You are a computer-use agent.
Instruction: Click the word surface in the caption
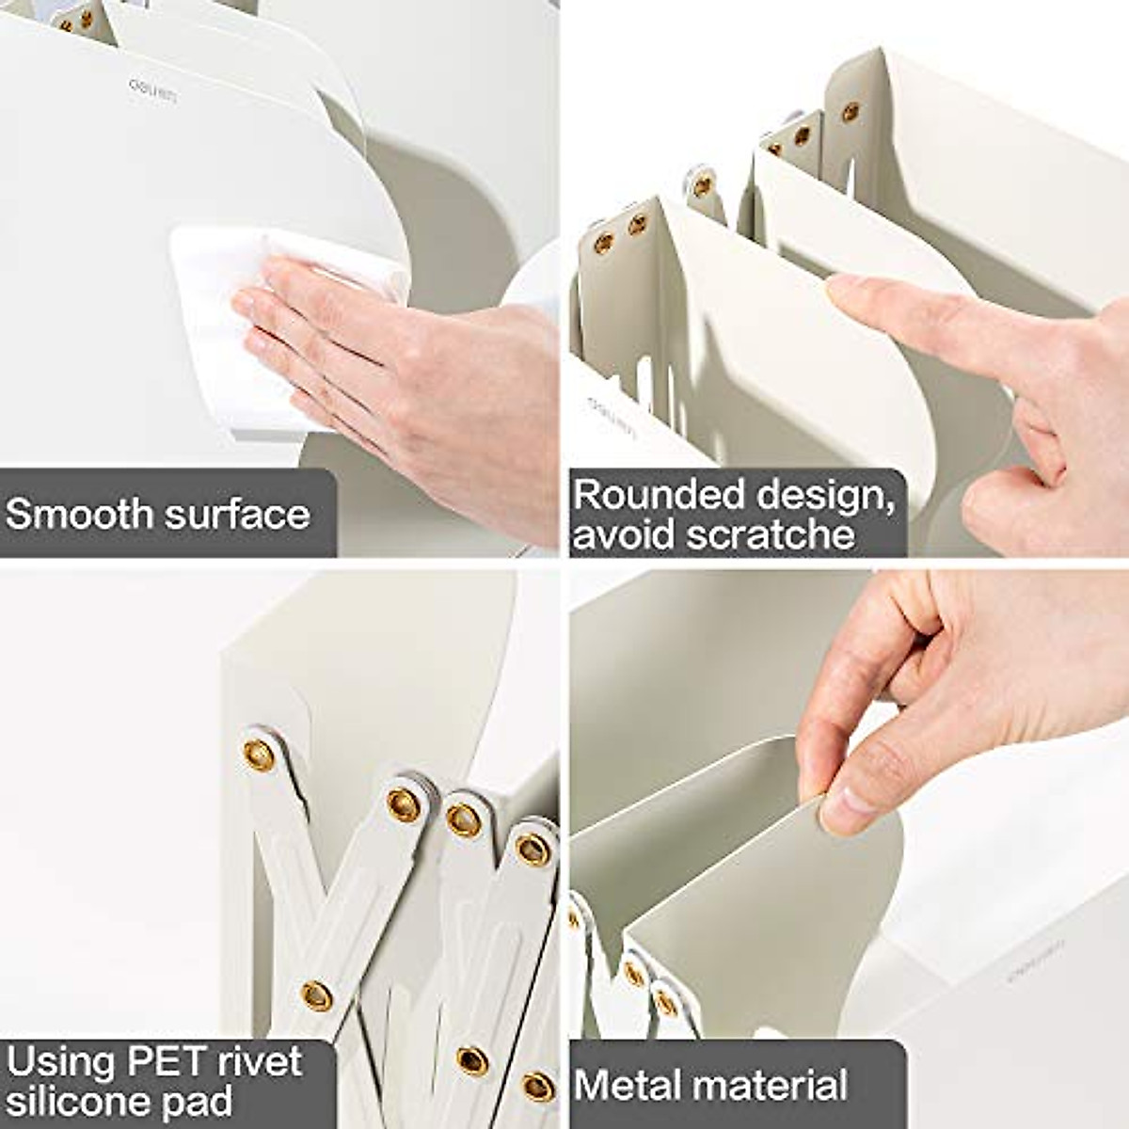tap(236, 515)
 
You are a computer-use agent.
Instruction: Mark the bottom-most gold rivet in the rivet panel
tap(537, 1086)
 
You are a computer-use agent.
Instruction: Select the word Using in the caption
tap(58, 1061)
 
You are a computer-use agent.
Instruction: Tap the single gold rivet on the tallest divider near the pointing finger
tap(850, 112)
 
